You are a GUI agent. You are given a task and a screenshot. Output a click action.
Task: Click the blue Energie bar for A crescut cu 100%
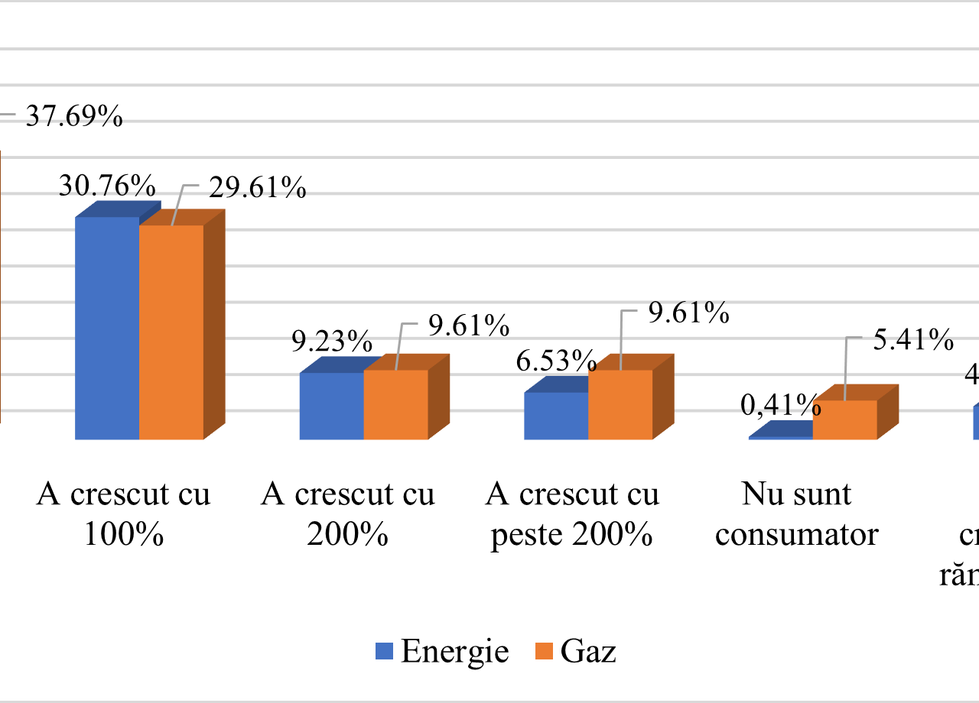[x=106, y=329]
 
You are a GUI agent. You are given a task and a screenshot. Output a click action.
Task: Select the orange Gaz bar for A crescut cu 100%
[x=171, y=332]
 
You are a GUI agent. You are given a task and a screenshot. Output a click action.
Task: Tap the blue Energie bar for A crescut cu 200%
[x=331, y=406]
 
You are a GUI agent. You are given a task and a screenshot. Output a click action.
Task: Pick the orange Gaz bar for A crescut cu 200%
[x=395, y=405]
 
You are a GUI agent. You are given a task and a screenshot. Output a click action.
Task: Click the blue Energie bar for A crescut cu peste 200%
[x=556, y=416]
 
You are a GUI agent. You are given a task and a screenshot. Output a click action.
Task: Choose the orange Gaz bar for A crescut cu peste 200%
[x=620, y=405]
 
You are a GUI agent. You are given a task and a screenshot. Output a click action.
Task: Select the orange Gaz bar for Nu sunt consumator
[x=844, y=420]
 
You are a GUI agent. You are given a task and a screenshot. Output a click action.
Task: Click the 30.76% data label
[x=108, y=186]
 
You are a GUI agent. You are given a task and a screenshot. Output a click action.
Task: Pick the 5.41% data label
[x=913, y=339]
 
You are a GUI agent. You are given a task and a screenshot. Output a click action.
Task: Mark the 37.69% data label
[x=74, y=117]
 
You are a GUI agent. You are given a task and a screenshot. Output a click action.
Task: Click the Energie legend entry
[x=442, y=652]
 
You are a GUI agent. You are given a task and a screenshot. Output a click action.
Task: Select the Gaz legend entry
[x=576, y=652]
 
